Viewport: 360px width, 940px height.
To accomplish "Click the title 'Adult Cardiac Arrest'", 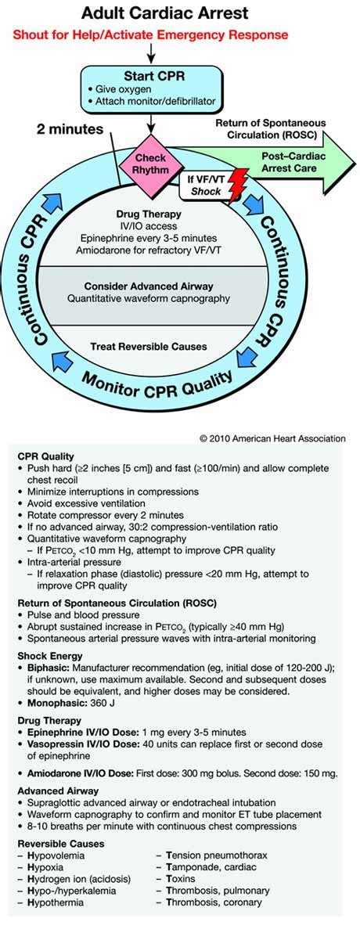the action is coord(180,14).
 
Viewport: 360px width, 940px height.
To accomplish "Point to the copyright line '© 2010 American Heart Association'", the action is coord(272,439).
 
